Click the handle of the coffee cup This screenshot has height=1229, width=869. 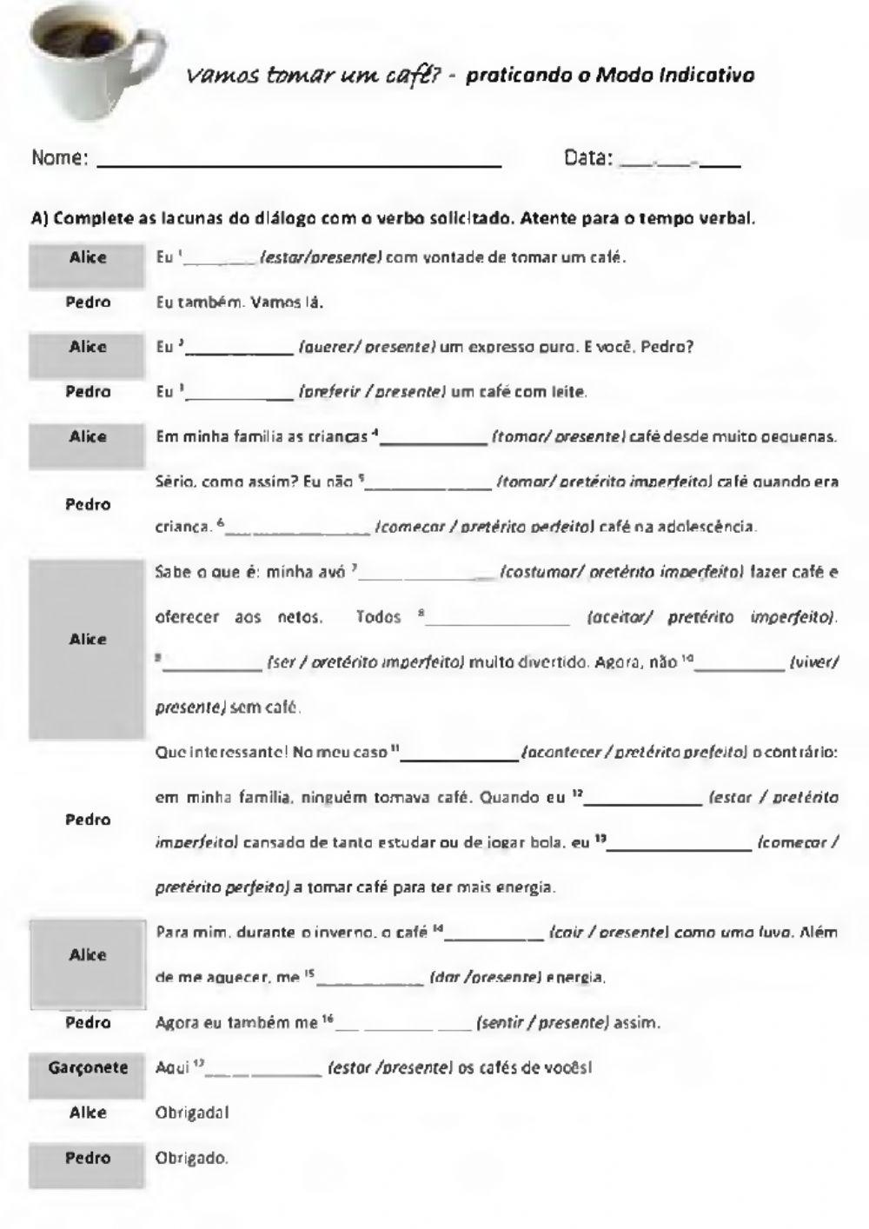click(148, 65)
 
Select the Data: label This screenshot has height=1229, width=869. click(588, 158)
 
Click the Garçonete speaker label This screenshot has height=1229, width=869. click(88, 1067)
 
